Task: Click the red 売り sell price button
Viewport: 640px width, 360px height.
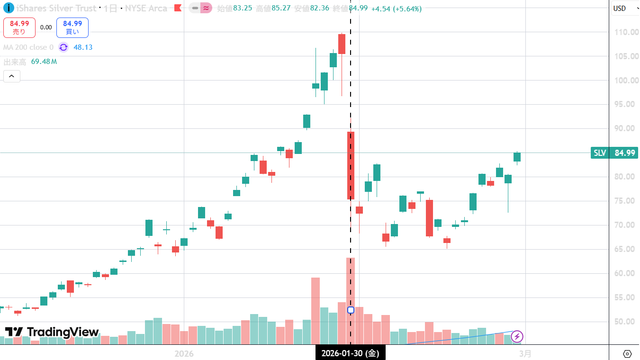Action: (19, 27)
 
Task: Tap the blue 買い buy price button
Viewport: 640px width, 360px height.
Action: (72, 27)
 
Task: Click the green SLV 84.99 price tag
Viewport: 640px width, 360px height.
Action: (614, 153)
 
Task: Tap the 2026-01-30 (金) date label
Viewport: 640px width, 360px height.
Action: (350, 353)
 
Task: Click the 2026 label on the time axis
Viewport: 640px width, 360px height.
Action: (184, 353)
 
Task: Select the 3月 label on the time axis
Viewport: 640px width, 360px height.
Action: (525, 353)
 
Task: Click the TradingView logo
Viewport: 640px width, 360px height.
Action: (52, 332)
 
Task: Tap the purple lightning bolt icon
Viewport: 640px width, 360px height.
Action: (517, 337)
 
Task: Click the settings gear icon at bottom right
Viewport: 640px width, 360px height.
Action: (627, 354)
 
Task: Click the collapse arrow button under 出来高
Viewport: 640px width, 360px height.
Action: (12, 76)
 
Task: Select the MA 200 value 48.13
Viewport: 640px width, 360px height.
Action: (83, 47)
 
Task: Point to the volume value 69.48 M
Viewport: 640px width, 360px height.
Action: (44, 62)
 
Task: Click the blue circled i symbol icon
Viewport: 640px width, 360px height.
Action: (8, 8)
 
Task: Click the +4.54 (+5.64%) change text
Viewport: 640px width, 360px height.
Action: (396, 9)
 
